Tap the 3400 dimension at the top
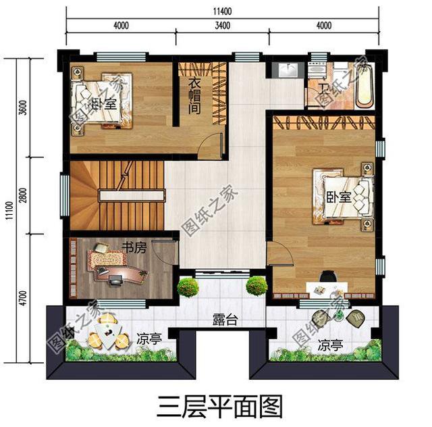point(222,26)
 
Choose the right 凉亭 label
point(331,346)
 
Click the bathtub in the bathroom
point(364,85)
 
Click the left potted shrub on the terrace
point(187,286)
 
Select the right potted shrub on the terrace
point(256,286)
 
